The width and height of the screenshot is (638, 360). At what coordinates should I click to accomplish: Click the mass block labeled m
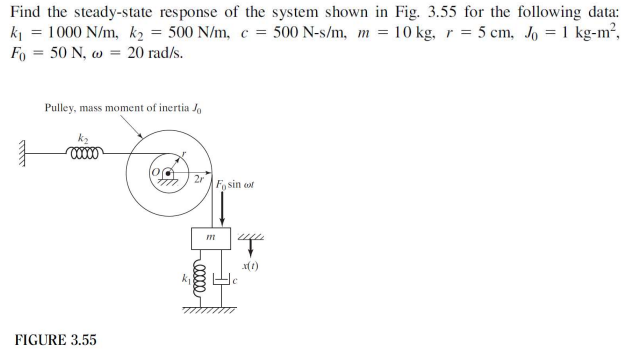coord(210,239)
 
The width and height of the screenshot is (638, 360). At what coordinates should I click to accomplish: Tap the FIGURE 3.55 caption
coord(55,340)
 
